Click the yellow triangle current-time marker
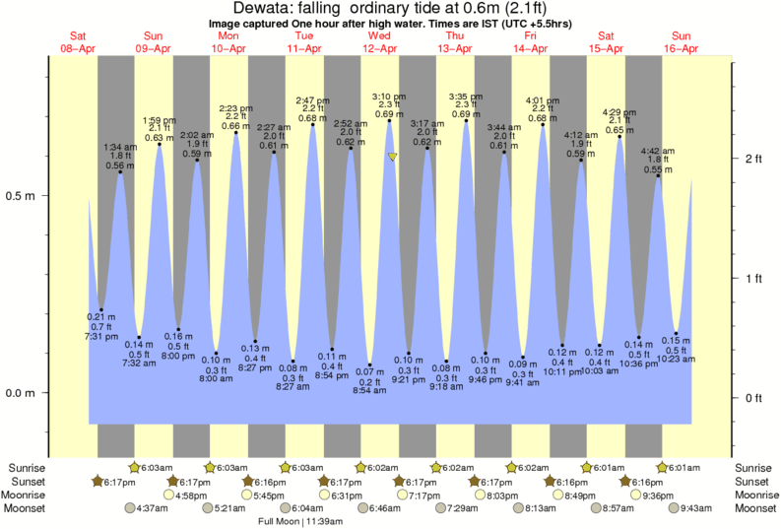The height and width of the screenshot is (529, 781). (393, 157)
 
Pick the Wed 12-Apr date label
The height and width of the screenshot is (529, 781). (379, 41)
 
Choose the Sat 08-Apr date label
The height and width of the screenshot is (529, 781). (78, 41)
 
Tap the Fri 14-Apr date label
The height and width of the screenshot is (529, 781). (530, 41)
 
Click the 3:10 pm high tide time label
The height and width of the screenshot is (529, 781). (386, 96)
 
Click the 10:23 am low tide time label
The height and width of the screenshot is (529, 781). (677, 360)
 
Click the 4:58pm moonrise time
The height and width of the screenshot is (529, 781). (191, 495)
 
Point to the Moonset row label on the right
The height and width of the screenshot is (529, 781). (755, 508)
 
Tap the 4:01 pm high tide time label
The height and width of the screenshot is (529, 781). (542, 99)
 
